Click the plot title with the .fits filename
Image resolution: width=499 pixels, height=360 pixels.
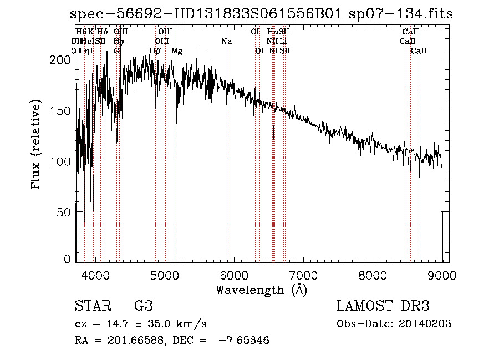tap(262, 14)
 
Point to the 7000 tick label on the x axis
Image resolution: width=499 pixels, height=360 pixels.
tap(303, 273)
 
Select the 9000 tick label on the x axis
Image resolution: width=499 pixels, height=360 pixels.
tap(442, 273)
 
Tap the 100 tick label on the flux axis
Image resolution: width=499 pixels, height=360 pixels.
tap(65, 161)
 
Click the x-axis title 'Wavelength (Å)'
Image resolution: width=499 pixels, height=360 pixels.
tap(261, 289)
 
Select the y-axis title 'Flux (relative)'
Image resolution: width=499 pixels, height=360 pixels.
tap(37, 145)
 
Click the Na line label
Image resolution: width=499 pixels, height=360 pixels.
tap(226, 42)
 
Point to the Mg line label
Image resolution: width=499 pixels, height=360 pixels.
tap(177, 51)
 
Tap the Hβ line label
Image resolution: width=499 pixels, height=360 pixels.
tap(155, 51)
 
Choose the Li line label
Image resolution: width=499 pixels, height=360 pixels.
tap(283, 42)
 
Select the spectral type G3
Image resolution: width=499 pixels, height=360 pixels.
tap(143, 306)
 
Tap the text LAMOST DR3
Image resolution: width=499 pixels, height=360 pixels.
tap(383, 306)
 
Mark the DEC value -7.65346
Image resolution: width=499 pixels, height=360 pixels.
tap(244, 341)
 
